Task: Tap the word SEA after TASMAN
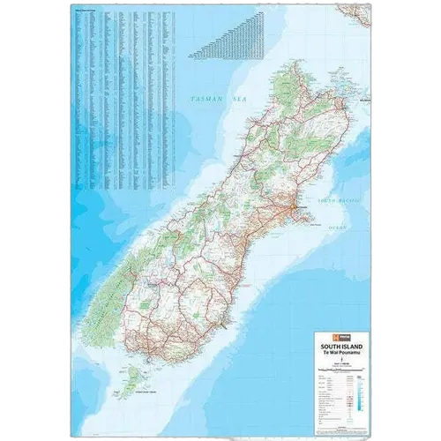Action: [x=235, y=101]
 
